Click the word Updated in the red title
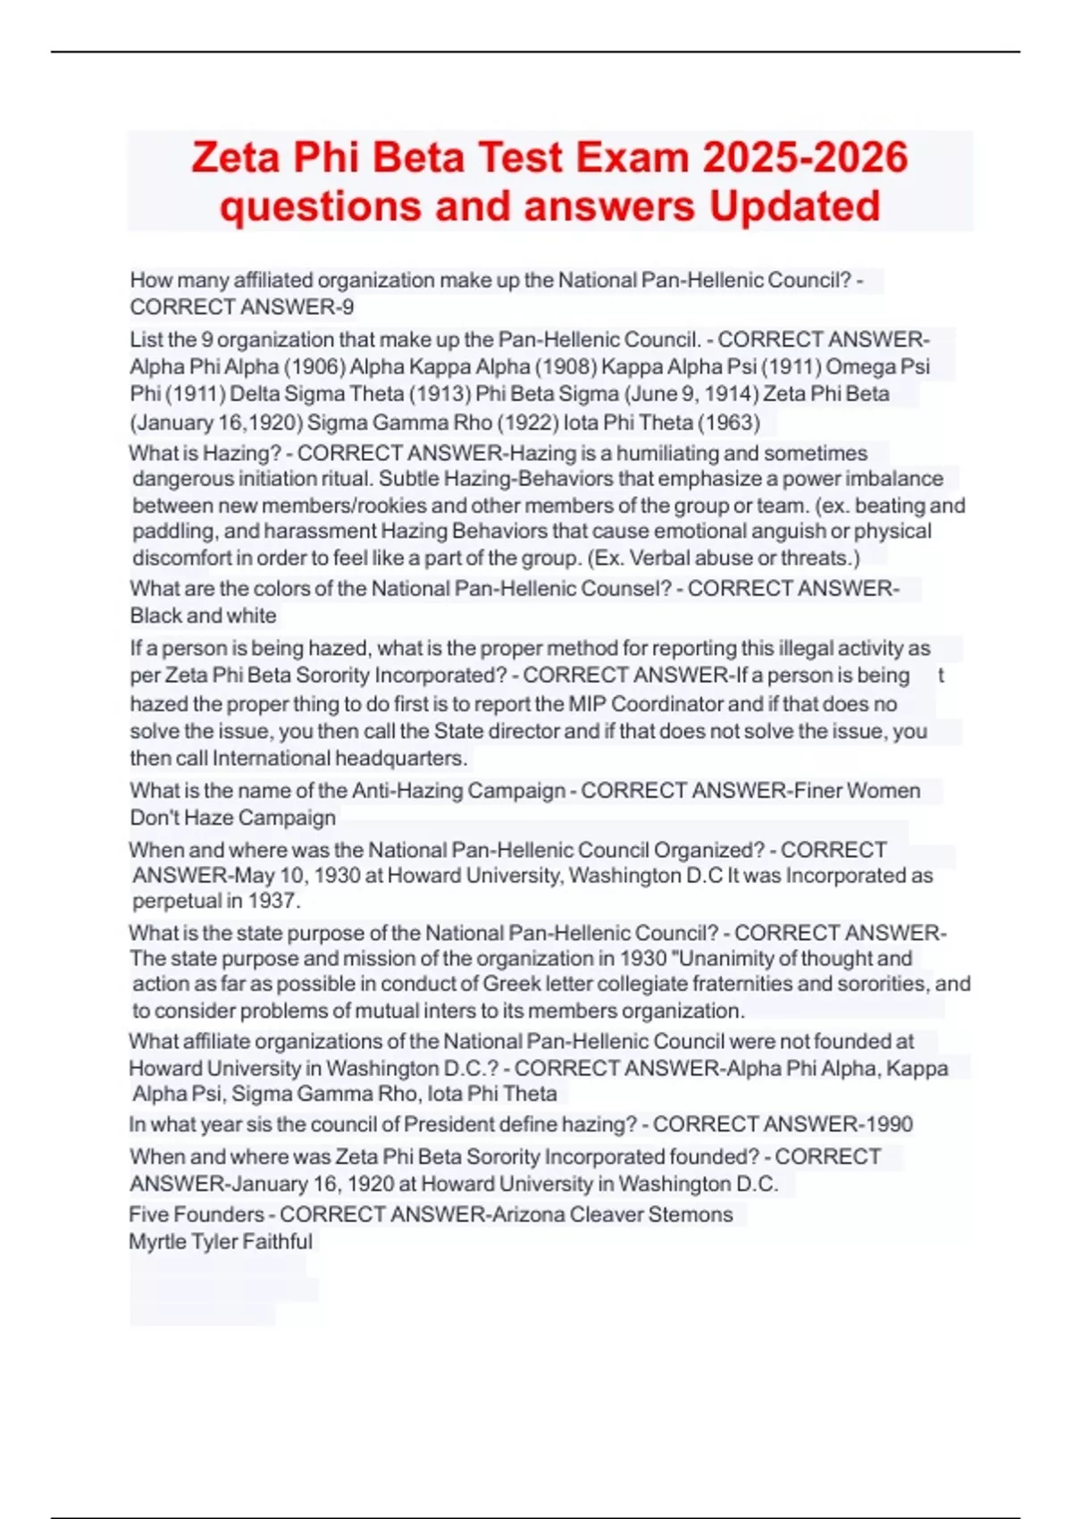click(x=794, y=206)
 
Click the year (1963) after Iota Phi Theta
click(x=730, y=422)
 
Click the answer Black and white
click(x=203, y=616)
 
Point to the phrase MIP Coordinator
click(x=646, y=704)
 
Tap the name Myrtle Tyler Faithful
click(x=221, y=1242)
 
